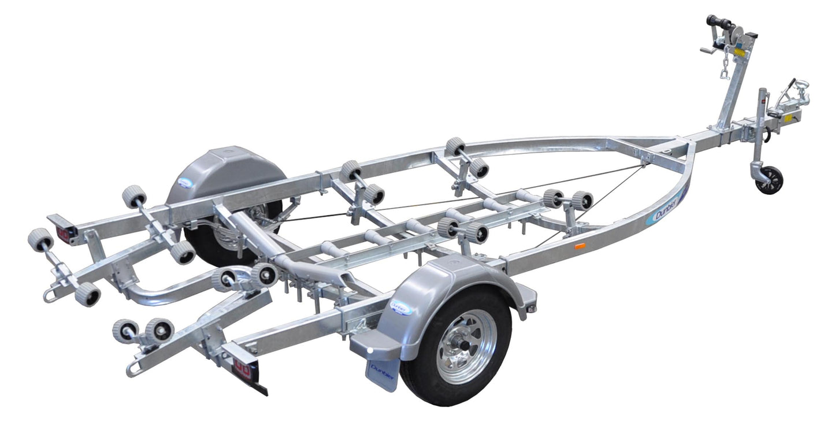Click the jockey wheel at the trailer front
(x=769, y=180)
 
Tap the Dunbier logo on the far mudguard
(x=185, y=183)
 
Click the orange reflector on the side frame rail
(x=580, y=246)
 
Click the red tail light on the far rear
(x=63, y=232)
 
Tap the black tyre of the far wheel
(x=199, y=243)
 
